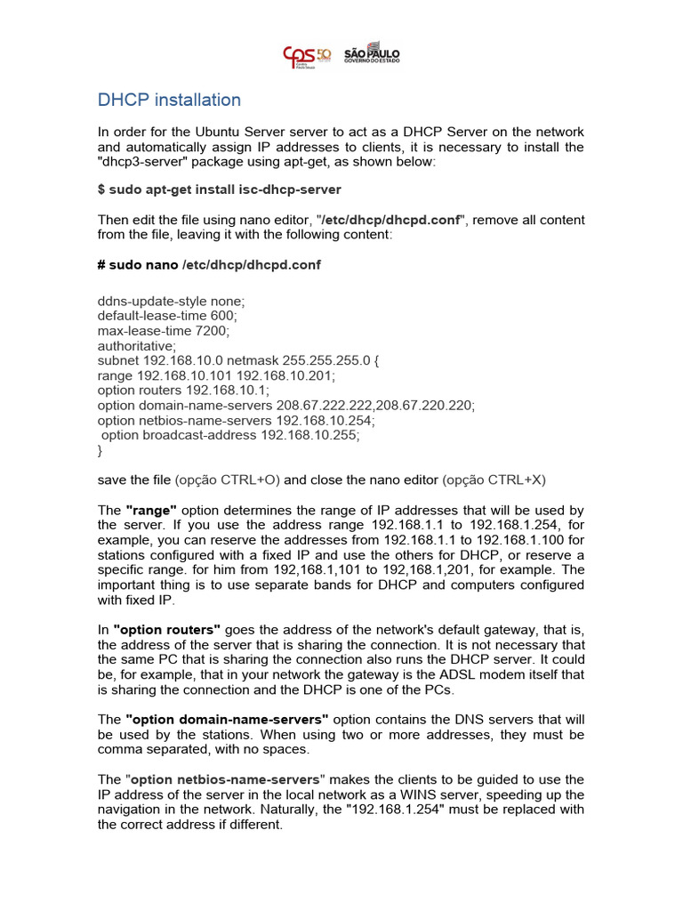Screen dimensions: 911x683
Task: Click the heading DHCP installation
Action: click(x=169, y=100)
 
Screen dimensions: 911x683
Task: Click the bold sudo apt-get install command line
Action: click(x=219, y=189)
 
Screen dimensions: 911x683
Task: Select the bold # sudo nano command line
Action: click(x=209, y=265)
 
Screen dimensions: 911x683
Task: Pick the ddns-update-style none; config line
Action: click(x=170, y=302)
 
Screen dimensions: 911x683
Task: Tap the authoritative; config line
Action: click(x=137, y=345)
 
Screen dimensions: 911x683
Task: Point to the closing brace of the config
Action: click(x=100, y=450)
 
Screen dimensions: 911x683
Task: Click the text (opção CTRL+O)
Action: click(x=228, y=480)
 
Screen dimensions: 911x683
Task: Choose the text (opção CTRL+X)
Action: click(x=494, y=480)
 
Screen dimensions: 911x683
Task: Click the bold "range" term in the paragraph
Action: click(x=152, y=510)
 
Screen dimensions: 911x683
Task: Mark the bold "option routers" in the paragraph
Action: click(x=166, y=629)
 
